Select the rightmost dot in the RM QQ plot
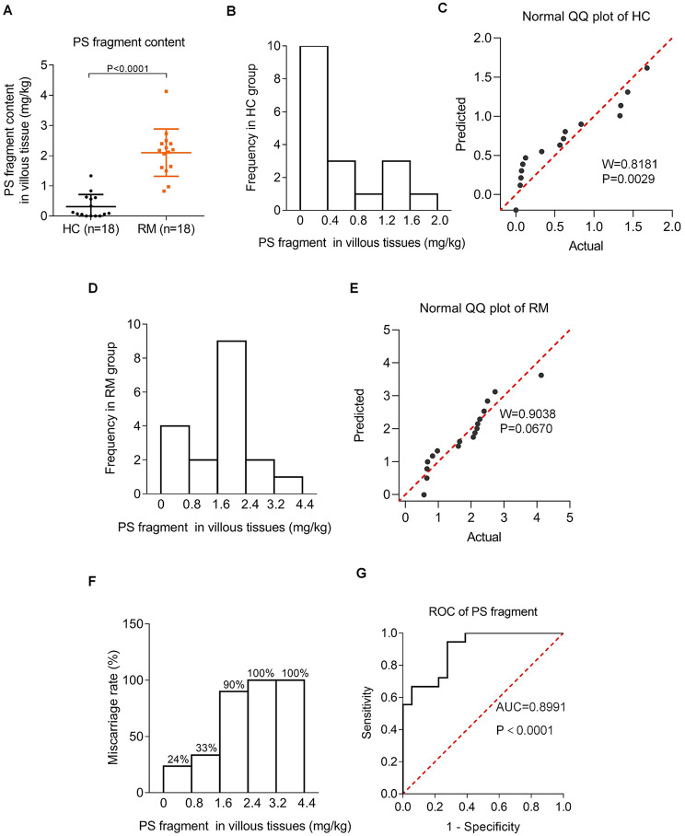pyautogui.click(x=541, y=375)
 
